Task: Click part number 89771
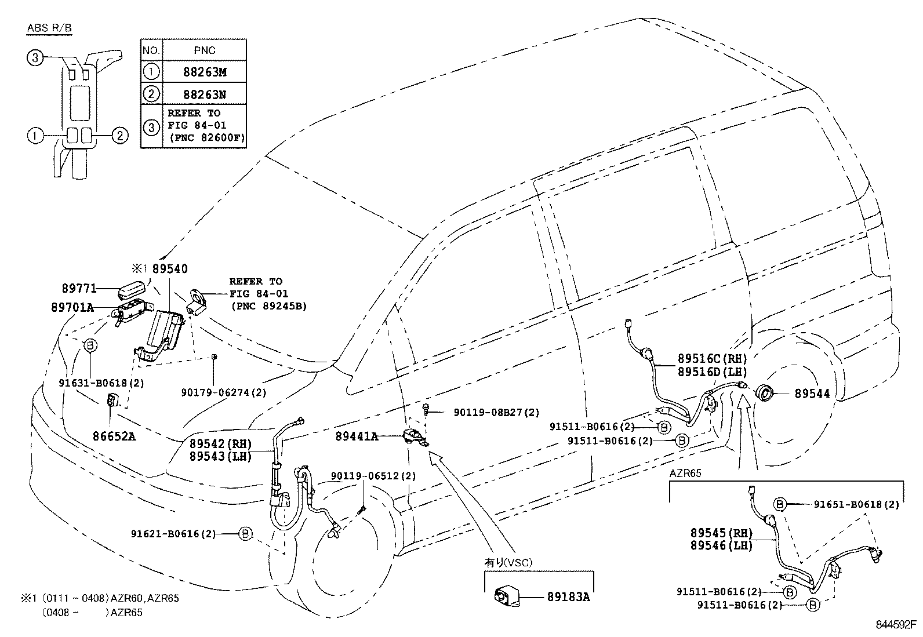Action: [x=79, y=288]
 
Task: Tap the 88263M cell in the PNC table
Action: [x=205, y=72]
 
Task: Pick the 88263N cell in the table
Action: [x=205, y=93]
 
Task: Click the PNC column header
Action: [x=205, y=50]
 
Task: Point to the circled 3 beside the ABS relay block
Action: [x=35, y=57]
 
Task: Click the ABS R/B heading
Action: [x=50, y=28]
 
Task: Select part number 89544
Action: [x=812, y=394]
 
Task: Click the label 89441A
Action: [x=357, y=436]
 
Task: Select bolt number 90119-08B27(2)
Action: [x=496, y=413]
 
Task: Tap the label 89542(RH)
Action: [x=220, y=445]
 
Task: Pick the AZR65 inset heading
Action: [x=685, y=473]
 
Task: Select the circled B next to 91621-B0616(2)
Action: [x=245, y=533]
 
